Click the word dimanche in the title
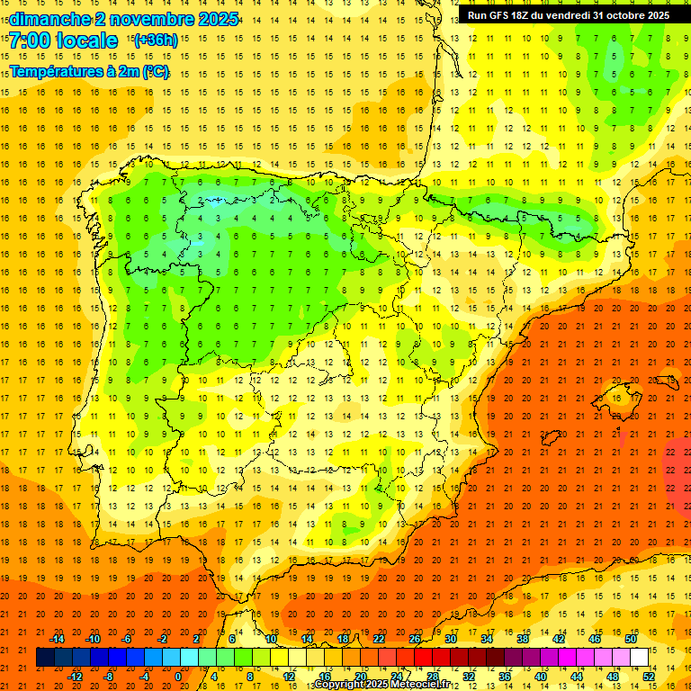(x=49, y=19)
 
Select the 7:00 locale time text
(x=64, y=40)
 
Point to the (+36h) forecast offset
(x=156, y=40)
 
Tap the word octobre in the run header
(x=626, y=15)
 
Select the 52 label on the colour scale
(x=649, y=677)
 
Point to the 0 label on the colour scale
(x=177, y=677)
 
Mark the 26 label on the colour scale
(x=415, y=638)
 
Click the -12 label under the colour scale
(x=75, y=677)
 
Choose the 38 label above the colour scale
(x=523, y=638)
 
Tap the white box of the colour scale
(x=639, y=658)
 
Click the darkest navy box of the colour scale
(x=45, y=658)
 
